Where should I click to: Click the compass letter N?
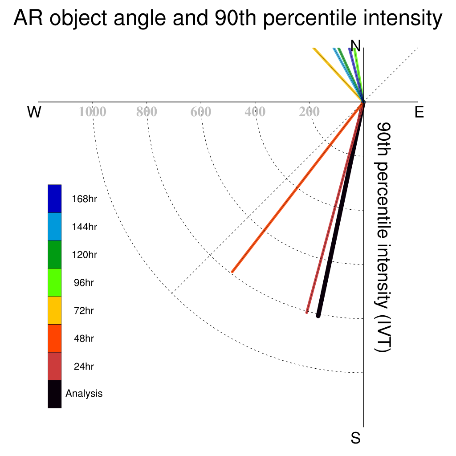[x=355, y=46]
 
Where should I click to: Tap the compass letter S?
[x=356, y=438]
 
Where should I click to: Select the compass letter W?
[x=34, y=112]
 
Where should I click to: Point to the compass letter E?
[x=419, y=112]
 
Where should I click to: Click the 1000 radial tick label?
[x=93, y=112]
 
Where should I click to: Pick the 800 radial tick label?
[x=147, y=112]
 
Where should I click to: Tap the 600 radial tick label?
[x=201, y=112]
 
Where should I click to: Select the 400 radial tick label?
[x=255, y=112]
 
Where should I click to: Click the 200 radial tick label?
[x=309, y=112]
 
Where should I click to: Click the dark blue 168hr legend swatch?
[x=55, y=199]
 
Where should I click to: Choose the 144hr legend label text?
[x=84, y=227]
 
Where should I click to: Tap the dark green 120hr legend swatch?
[x=55, y=254]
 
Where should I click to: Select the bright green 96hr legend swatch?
[x=55, y=282]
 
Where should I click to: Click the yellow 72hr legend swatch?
[x=55, y=310]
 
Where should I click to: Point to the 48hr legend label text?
[x=84, y=338]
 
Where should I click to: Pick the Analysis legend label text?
[x=84, y=394]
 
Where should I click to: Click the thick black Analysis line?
[x=341, y=209]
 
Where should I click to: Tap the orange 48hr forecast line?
[x=298, y=187]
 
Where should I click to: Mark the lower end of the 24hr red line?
[x=307, y=312]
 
